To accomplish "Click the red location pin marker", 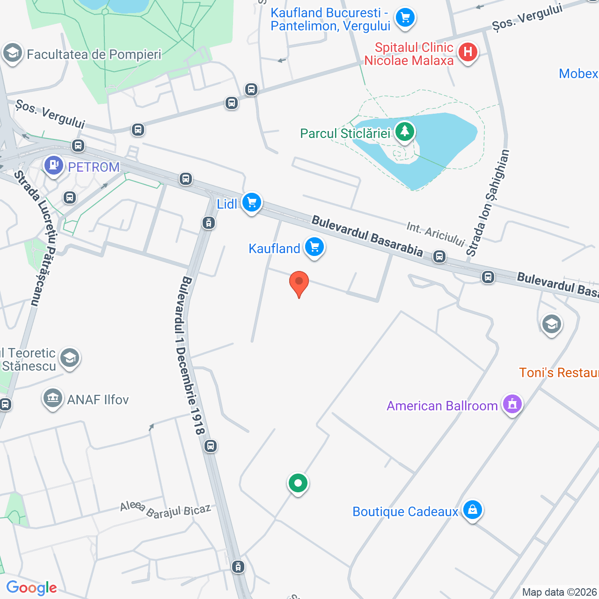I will coord(299,283).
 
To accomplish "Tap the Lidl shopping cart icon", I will coord(252,203).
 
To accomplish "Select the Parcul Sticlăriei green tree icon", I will coord(405,131).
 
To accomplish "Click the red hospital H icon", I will coord(468,52).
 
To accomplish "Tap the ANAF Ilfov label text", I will coord(98,400).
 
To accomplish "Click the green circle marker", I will coord(298,483).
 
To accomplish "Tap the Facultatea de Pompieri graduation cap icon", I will coord(13,53).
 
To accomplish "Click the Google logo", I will coord(31,588).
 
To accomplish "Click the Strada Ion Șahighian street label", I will coord(488,203).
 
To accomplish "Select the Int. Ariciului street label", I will coord(435,234).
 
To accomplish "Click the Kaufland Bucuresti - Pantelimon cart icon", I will coord(405,18).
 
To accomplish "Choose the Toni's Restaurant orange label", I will coord(559,373).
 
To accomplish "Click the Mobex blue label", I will coord(578,73).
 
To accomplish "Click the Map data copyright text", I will coord(560,592).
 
